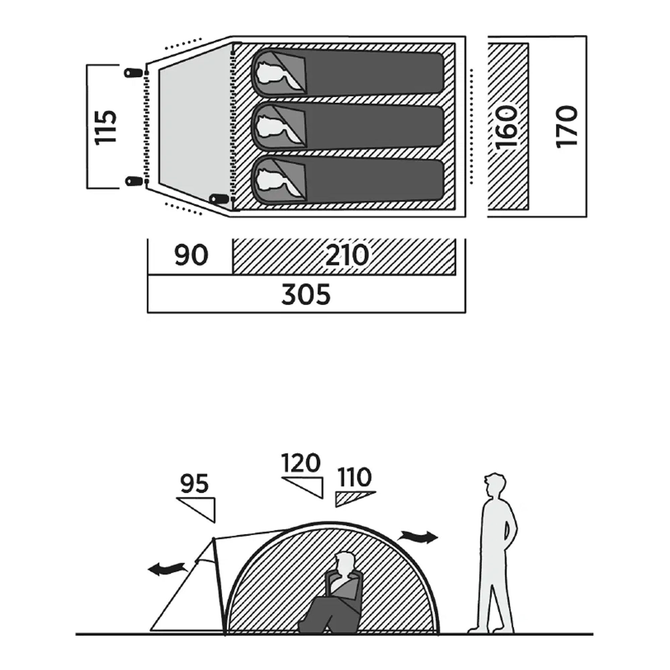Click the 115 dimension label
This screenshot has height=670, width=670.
[106, 127]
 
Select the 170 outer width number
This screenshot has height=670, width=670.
[567, 127]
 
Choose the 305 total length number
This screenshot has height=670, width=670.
[306, 294]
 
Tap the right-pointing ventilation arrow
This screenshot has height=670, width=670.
[418, 536]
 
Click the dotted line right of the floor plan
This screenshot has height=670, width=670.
[471, 126]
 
